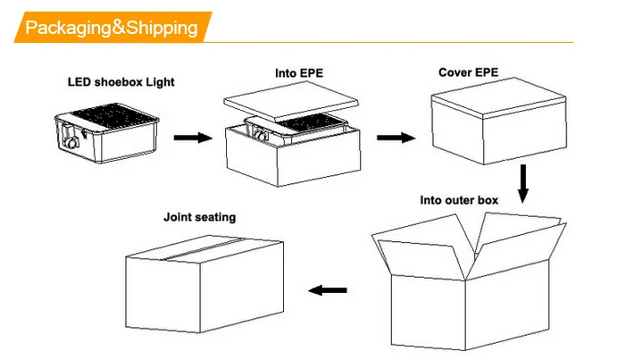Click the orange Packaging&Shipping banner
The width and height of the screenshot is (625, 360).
tap(112, 27)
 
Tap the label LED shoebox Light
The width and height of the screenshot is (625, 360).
tap(121, 82)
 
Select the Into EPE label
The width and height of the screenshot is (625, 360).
tap(299, 73)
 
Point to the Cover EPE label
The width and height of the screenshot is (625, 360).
tap(469, 72)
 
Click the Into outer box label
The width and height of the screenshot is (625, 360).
tap(459, 200)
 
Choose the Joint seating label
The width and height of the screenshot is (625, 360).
tap(200, 217)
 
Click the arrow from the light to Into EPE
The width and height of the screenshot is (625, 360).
tap(193, 138)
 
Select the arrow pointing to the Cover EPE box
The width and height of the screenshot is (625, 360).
tap(396, 138)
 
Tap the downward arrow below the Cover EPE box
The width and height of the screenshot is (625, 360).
tap(523, 183)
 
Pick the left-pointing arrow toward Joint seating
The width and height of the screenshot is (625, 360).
tap(328, 290)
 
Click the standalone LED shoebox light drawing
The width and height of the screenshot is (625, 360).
tap(106, 133)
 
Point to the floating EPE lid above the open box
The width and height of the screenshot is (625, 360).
tap(291, 100)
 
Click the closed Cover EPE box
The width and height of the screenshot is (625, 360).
tap(498, 121)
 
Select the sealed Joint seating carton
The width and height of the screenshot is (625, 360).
tap(204, 284)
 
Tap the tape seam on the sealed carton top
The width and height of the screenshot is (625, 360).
tap(204, 248)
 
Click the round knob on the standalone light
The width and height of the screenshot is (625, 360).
tap(72, 142)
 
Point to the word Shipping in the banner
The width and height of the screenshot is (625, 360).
tap(162, 28)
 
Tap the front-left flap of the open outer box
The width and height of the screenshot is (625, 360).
tap(421, 258)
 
